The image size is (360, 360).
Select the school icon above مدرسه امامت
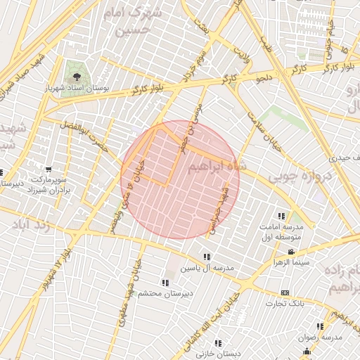tap(282, 216)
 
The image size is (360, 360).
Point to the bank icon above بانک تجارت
tap(285, 292)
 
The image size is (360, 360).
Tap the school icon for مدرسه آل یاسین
tap(207, 257)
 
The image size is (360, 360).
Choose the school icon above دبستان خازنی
tap(218, 343)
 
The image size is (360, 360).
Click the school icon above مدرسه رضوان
tap(320, 326)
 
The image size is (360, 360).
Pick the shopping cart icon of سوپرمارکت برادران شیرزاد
tap(48, 169)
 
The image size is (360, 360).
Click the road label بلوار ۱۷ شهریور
tap(64, 250)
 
